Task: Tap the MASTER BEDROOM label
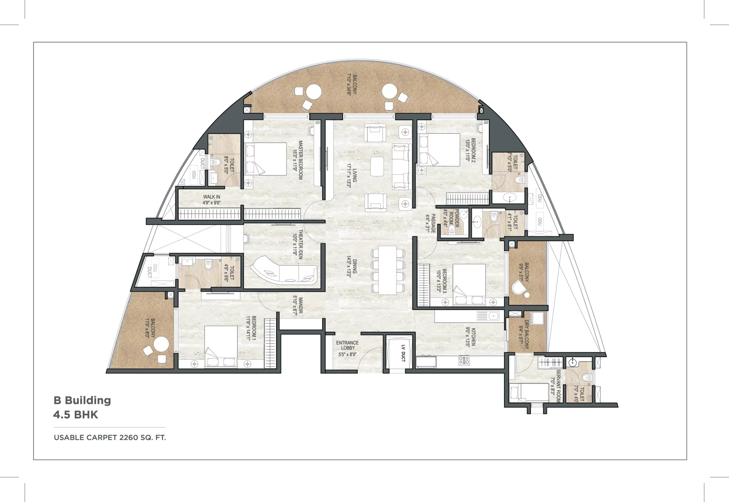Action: [298, 160]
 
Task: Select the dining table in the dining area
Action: [387, 270]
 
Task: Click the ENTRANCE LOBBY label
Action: [347, 348]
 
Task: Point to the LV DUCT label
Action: [403, 353]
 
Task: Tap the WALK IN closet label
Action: [211, 199]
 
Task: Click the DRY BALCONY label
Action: [524, 334]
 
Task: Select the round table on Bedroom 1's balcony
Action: [161, 344]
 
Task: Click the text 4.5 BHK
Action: [75, 415]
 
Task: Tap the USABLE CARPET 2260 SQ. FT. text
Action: [110, 438]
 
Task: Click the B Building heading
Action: [82, 400]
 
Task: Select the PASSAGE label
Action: [430, 223]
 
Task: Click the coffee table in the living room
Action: [377, 166]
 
